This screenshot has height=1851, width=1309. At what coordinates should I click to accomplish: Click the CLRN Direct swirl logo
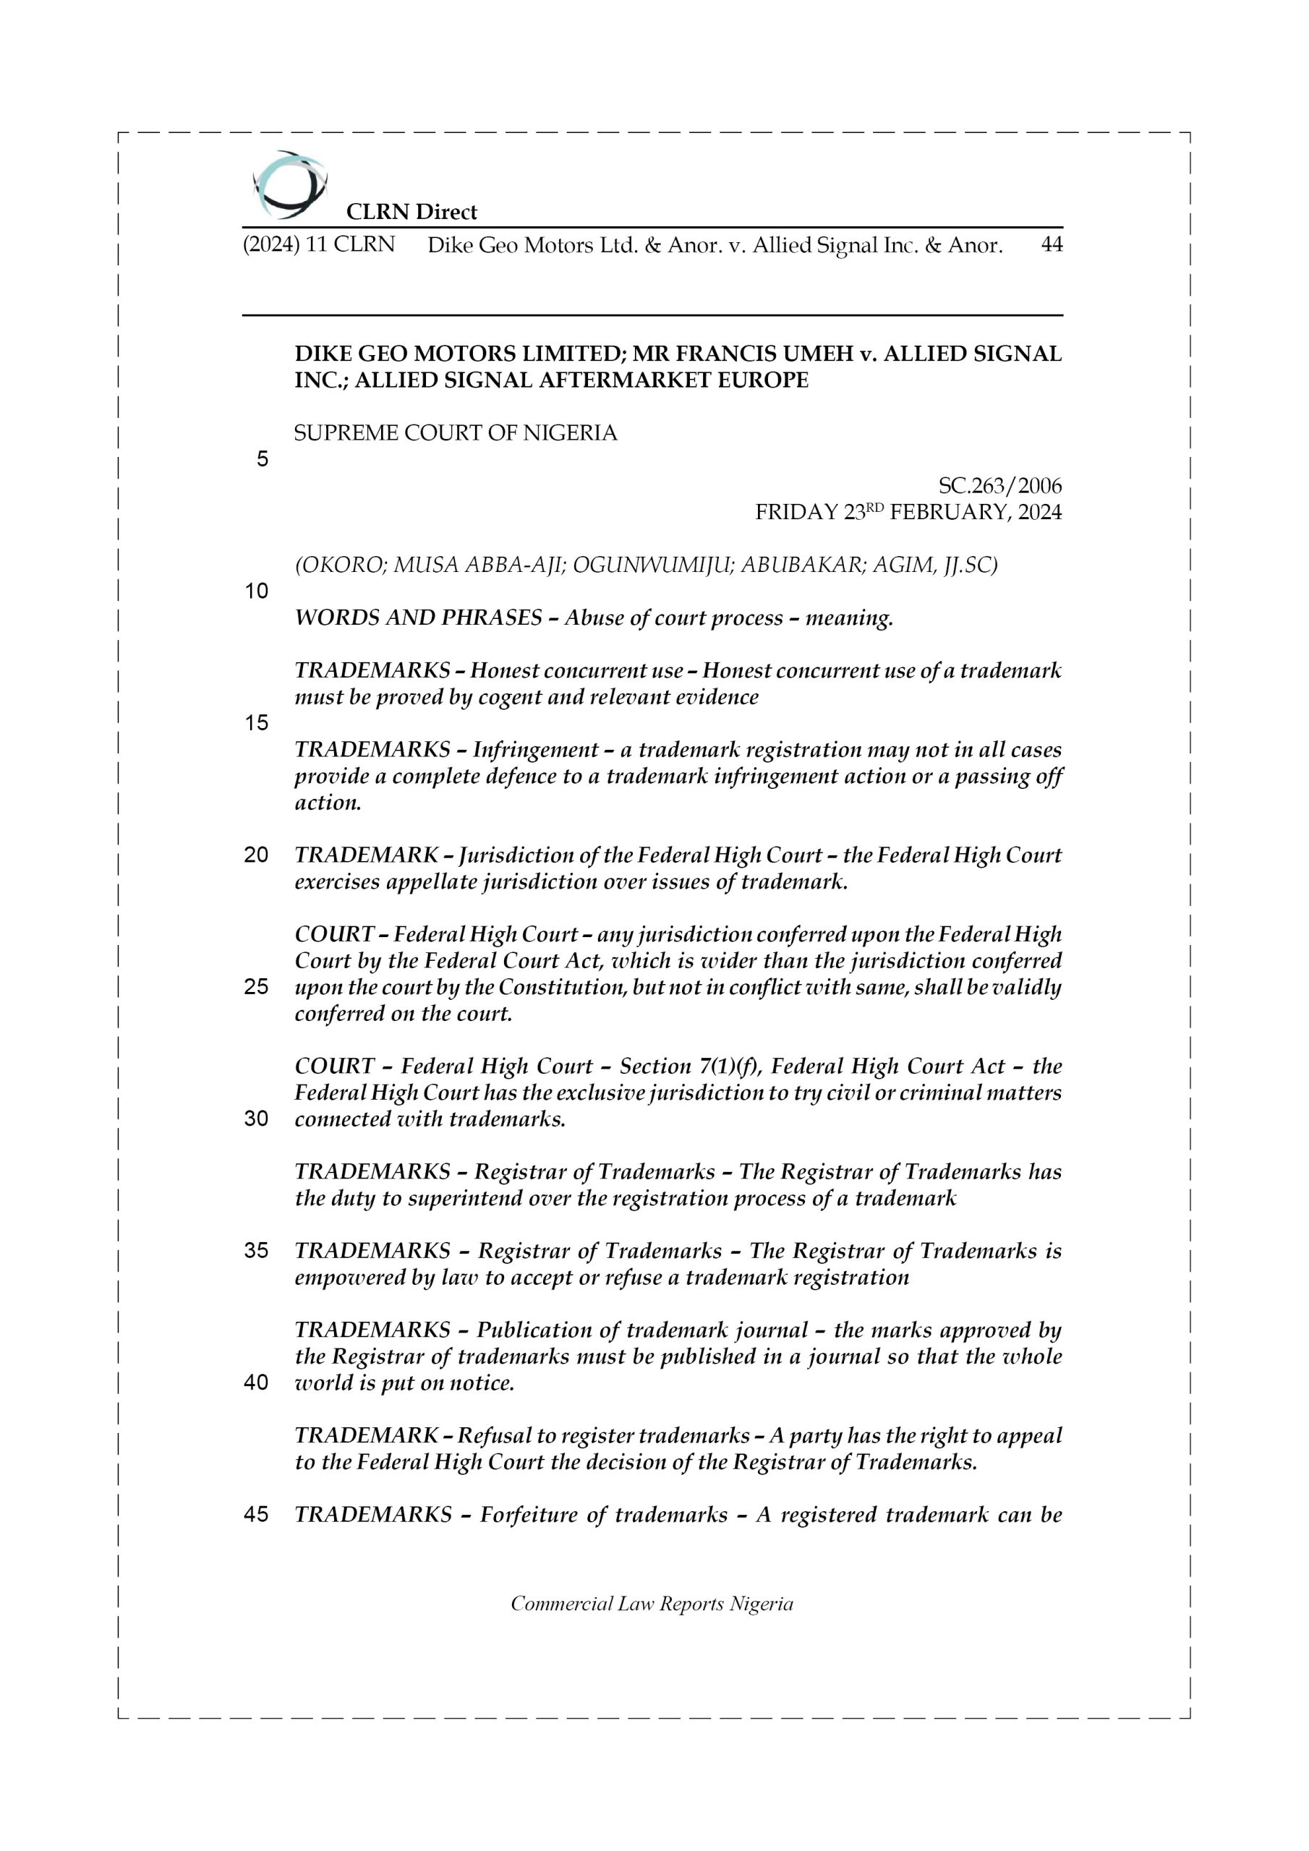(x=289, y=184)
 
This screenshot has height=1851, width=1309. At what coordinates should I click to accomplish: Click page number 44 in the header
(x=1052, y=245)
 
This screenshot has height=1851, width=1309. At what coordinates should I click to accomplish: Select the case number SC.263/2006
(x=999, y=486)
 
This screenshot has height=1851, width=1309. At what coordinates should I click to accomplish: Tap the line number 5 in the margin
(x=262, y=460)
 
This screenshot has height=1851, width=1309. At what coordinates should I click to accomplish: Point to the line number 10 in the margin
(x=257, y=591)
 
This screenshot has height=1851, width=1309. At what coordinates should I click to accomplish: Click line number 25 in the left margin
(x=257, y=987)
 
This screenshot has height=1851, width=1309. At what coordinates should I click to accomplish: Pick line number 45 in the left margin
(x=257, y=1514)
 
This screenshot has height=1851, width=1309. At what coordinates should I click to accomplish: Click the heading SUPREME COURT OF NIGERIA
(x=456, y=434)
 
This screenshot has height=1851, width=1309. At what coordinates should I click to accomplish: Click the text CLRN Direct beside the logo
(x=412, y=212)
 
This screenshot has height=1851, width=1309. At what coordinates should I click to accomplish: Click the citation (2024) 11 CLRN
(x=319, y=245)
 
